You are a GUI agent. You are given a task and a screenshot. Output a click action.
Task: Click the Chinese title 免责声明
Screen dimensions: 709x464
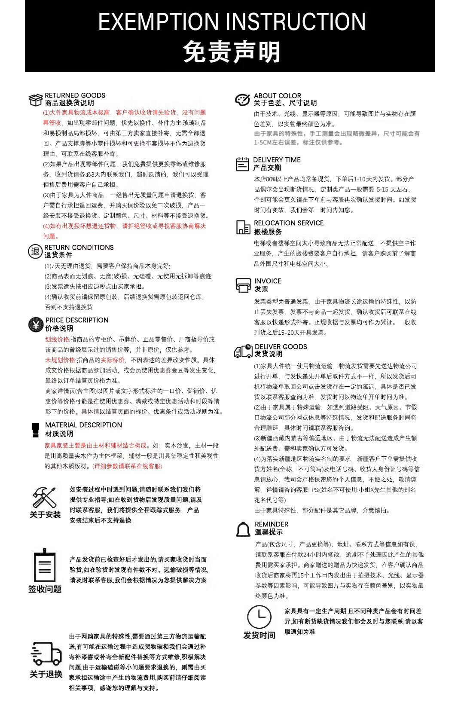pos(232,52)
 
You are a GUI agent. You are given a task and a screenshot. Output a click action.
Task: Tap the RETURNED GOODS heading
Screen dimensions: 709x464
pos(75,95)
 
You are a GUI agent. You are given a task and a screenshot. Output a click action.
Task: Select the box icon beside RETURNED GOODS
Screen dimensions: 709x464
pos(35,100)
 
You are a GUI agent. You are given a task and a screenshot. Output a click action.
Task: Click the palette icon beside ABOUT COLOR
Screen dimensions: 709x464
pos(242,100)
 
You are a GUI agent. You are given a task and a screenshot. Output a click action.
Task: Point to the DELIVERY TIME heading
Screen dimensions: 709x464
pos(277,160)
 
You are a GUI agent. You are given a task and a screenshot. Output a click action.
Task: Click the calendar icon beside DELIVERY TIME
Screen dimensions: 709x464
pos(242,164)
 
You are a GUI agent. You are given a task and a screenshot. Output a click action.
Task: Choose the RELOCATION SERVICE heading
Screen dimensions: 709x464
pos(289,223)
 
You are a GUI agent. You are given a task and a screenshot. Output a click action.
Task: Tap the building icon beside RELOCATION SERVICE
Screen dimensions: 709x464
pos(243,227)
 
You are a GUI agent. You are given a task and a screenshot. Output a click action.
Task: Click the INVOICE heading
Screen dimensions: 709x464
pos(268,281)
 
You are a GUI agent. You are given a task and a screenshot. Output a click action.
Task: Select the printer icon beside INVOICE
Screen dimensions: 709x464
pos(243,285)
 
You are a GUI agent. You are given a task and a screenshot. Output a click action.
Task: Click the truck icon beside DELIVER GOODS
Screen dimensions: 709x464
pos(243,351)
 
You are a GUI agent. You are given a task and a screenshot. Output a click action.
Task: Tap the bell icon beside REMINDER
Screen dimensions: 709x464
pos(243,529)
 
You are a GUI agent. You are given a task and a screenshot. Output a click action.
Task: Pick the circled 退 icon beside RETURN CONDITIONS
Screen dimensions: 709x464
pos(35,251)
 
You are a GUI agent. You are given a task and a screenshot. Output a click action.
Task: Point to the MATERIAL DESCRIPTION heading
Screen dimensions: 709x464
pos(84,425)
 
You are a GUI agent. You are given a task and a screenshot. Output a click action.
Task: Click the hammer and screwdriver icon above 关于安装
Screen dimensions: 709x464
pos(45,497)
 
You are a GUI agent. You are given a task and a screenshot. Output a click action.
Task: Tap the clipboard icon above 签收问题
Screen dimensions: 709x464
pos(45,565)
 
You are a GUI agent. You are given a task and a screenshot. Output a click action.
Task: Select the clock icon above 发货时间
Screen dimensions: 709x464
pos(259,617)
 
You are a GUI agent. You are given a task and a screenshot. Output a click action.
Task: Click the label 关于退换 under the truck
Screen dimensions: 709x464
pos(46,674)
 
